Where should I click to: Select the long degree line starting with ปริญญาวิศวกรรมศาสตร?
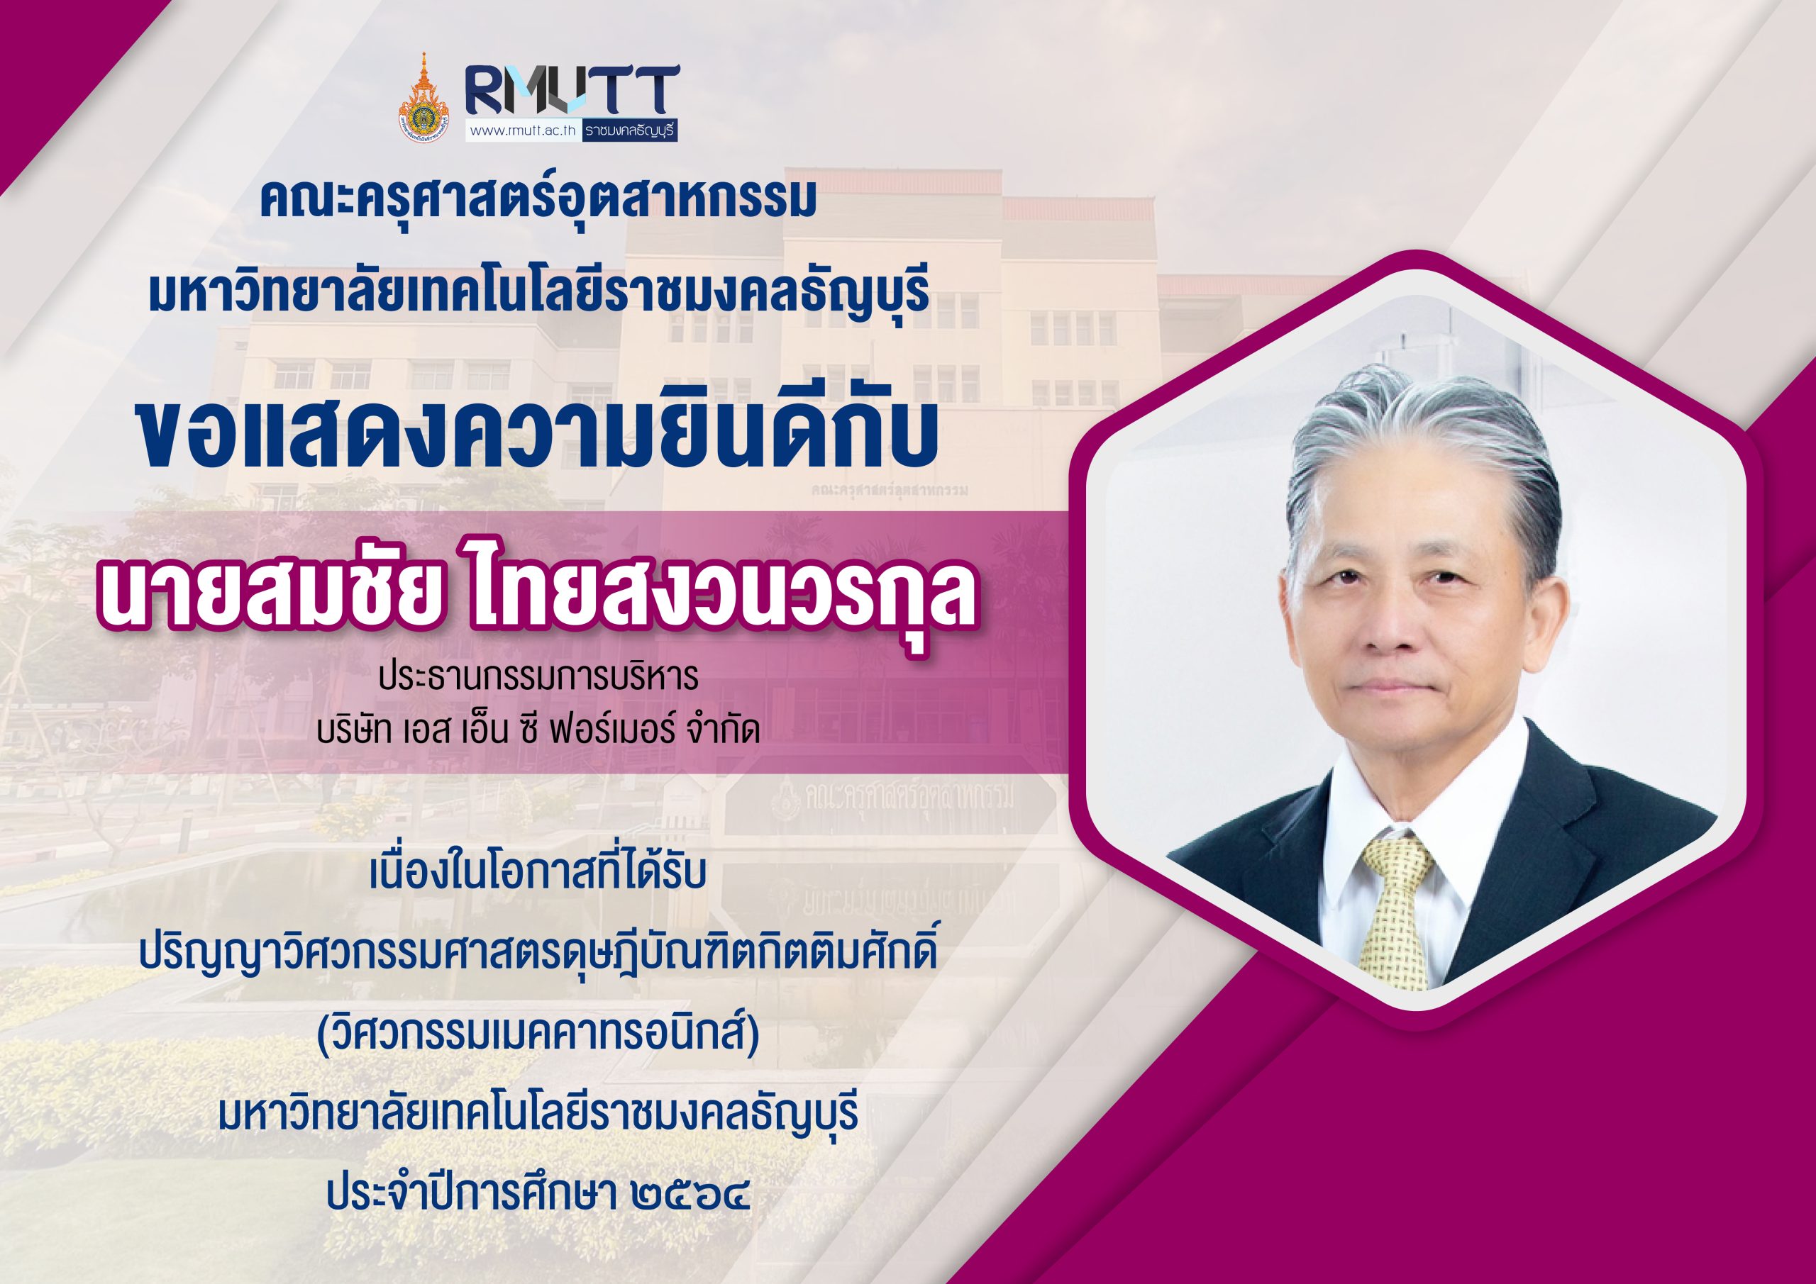pos(537,954)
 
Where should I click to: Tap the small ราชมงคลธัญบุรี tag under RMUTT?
pos(631,130)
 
